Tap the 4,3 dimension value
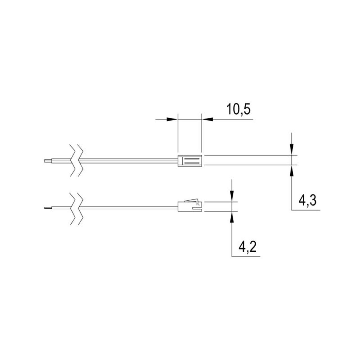(x=307, y=200)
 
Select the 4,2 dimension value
(x=248, y=247)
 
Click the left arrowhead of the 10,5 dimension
(x=172, y=119)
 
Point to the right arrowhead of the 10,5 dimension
(x=207, y=119)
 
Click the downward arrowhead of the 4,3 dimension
(x=291, y=149)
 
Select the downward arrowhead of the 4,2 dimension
(x=232, y=196)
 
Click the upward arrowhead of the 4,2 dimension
(x=232, y=217)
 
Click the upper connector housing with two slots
(x=190, y=160)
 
